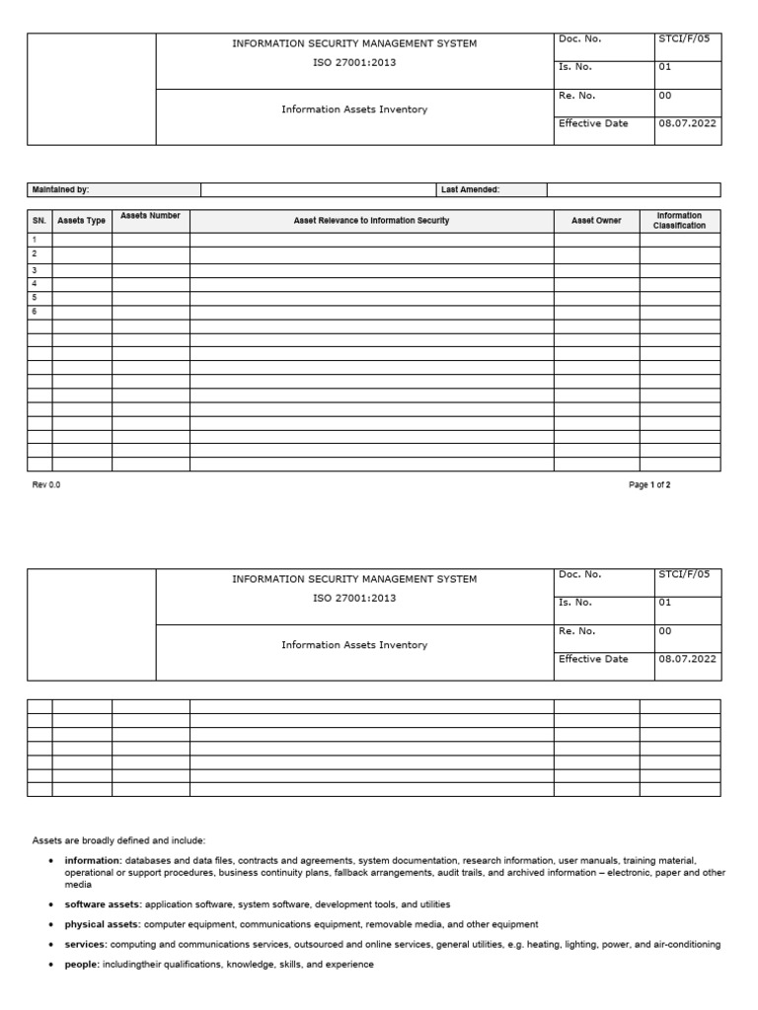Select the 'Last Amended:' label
(x=469, y=189)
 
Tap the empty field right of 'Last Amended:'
(x=633, y=189)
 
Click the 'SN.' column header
(x=39, y=221)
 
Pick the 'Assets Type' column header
(x=82, y=221)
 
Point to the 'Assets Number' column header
(x=150, y=215)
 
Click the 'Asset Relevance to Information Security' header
(x=371, y=221)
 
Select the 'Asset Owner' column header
(x=596, y=221)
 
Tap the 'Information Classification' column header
(x=679, y=220)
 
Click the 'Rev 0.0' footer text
(x=46, y=485)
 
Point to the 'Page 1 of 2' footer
(x=649, y=485)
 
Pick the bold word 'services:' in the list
(x=86, y=944)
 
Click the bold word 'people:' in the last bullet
(x=82, y=964)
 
